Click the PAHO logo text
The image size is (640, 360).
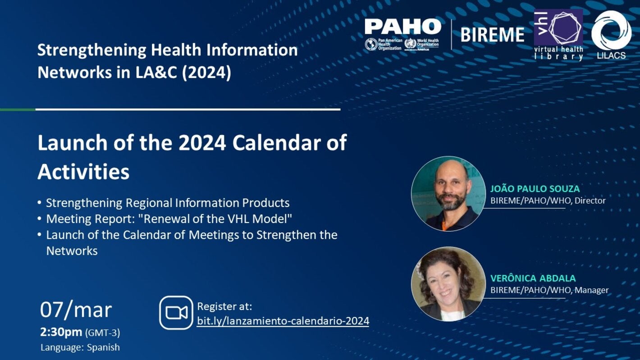click(x=402, y=27)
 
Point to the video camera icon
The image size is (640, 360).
click(x=176, y=312)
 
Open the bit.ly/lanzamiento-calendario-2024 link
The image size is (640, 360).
click(x=283, y=321)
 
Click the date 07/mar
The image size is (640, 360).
click(x=76, y=310)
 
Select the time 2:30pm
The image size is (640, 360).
click(x=61, y=333)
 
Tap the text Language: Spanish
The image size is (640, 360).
click(x=80, y=347)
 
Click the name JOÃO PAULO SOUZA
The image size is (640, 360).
click(x=535, y=189)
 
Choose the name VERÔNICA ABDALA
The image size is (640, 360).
click(x=533, y=278)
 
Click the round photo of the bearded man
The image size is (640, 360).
click(x=448, y=194)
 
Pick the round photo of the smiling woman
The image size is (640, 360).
click(x=448, y=284)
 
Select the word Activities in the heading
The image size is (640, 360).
click(x=83, y=172)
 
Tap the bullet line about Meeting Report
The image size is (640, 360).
click(x=169, y=219)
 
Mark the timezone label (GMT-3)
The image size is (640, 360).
click(x=103, y=333)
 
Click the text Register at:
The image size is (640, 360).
click(x=224, y=306)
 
